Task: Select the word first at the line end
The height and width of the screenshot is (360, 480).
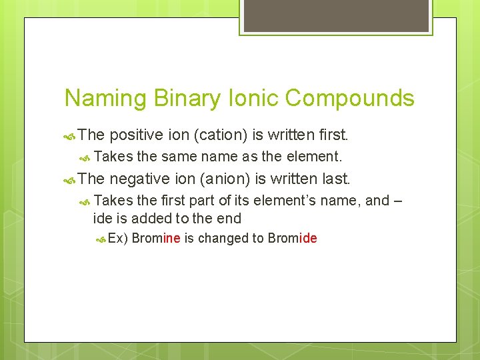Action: pyautogui.click(x=333, y=135)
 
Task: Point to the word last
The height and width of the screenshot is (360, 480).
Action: pyautogui.click(x=335, y=178)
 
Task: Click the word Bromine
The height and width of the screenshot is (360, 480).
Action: pyautogui.click(x=156, y=239)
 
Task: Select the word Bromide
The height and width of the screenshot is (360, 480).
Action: pyautogui.click(x=292, y=239)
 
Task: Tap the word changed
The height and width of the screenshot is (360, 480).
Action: pyautogui.click(x=224, y=239)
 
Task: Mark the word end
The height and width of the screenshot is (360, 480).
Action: pyautogui.click(x=229, y=218)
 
